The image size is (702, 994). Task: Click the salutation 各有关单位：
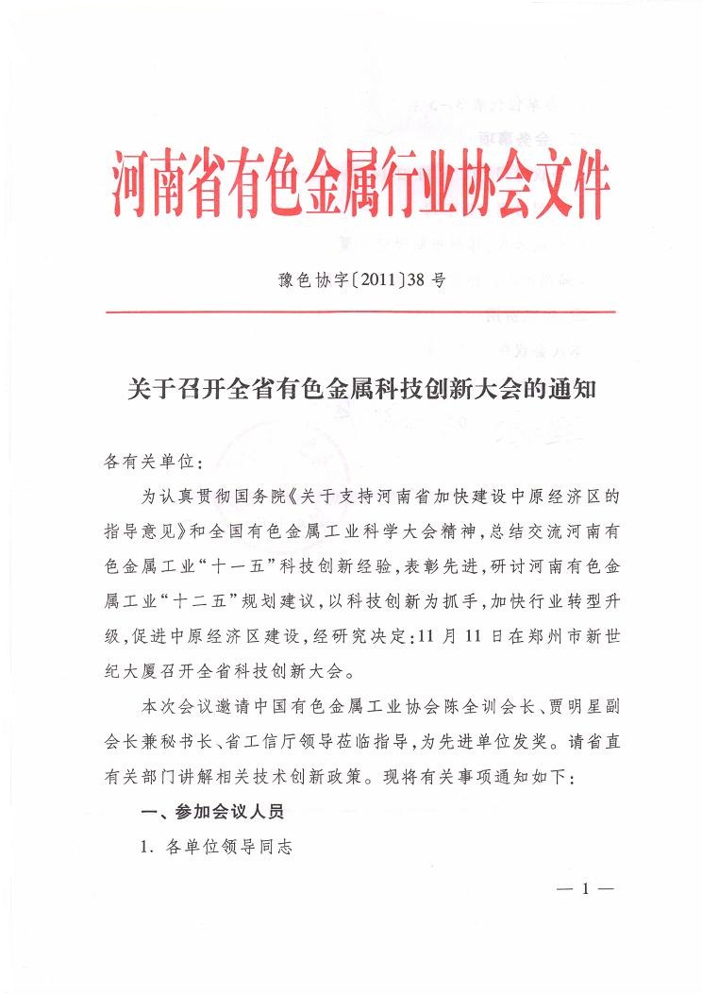coord(150,463)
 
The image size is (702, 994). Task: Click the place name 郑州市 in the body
coord(535,637)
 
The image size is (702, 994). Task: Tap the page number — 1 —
coord(585,888)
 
